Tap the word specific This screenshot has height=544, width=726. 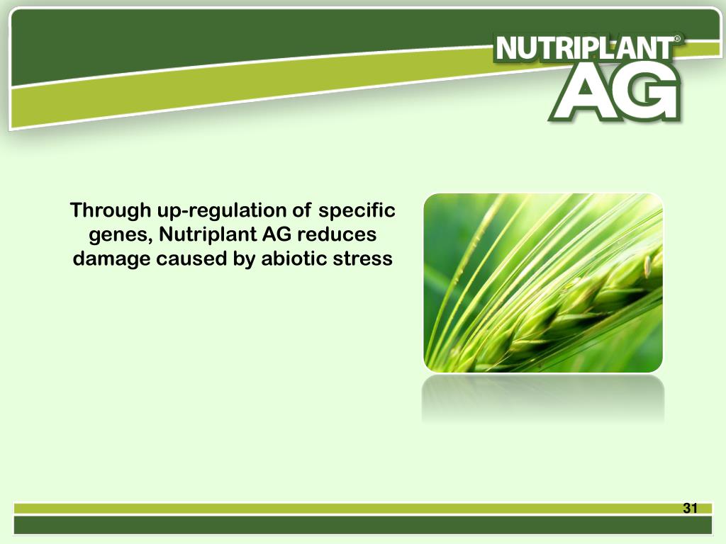coord(357,210)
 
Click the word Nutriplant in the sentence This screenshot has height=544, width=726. coord(207,234)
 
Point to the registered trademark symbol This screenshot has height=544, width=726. coord(678,41)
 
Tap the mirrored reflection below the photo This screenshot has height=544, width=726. coord(543,400)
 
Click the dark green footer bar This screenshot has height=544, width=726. coord(363,526)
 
